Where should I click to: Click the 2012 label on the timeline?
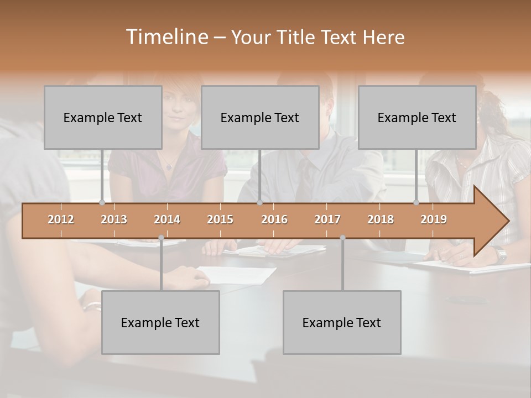coord(61,219)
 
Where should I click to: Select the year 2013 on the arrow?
coord(114,219)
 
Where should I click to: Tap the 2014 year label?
coord(167,219)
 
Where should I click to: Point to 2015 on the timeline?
coord(220,219)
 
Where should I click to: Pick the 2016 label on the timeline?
coord(274,219)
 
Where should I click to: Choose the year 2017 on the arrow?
coord(327,219)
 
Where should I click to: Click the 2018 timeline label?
coord(381,219)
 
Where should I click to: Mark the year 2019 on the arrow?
coord(434,219)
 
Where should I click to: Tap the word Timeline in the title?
coord(166,37)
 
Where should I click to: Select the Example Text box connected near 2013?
coord(103,117)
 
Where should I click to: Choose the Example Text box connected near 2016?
coord(260,117)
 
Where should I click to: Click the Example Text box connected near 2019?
coord(417,117)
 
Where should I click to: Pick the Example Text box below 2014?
coord(160,322)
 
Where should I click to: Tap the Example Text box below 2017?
coord(342,322)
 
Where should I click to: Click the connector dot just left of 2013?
coord(102,203)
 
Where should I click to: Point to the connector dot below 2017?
coord(342,238)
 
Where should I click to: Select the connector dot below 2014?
coord(161,238)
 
